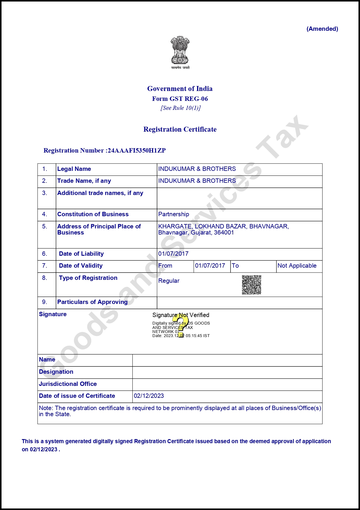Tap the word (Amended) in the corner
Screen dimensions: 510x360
(322, 29)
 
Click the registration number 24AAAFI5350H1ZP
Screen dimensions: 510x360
(136, 151)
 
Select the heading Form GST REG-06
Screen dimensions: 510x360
(180, 99)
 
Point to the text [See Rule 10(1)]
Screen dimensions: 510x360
(181, 108)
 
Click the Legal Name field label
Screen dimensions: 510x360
(74, 169)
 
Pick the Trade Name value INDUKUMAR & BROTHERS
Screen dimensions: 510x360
(197, 181)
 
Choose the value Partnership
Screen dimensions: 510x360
(174, 214)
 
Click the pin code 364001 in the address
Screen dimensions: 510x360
(224, 232)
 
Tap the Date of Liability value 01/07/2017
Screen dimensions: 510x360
(173, 254)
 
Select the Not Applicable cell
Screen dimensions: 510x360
(297, 266)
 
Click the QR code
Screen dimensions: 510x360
(251, 285)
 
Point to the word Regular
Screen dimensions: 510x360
(169, 281)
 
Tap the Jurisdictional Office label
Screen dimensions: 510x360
(68, 384)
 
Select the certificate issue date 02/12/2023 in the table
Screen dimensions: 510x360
(149, 396)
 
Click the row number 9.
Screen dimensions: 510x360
(44, 302)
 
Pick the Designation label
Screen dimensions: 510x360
(56, 372)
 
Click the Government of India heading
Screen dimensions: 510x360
(180, 89)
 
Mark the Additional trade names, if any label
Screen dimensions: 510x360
(100, 193)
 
